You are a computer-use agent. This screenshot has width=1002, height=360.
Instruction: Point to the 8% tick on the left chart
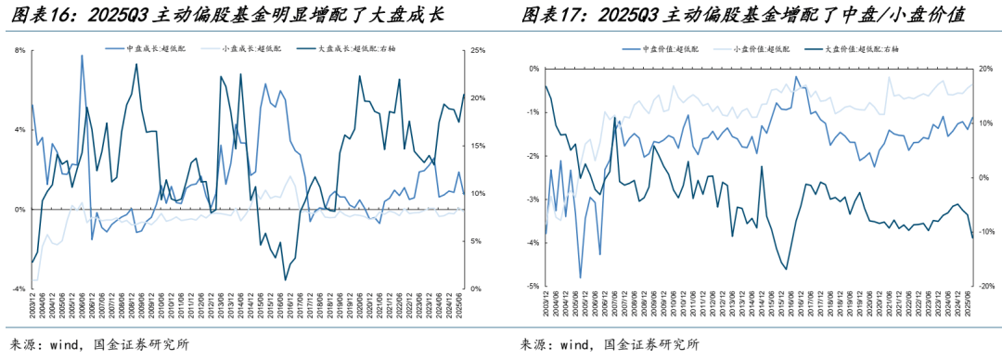(19, 50)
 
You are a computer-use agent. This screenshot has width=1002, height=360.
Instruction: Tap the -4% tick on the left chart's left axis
(19, 289)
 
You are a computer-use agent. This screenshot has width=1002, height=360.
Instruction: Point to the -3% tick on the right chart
(533, 199)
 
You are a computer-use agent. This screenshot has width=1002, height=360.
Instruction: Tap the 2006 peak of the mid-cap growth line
(82, 56)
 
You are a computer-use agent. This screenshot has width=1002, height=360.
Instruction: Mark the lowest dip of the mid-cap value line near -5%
(581, 277)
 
